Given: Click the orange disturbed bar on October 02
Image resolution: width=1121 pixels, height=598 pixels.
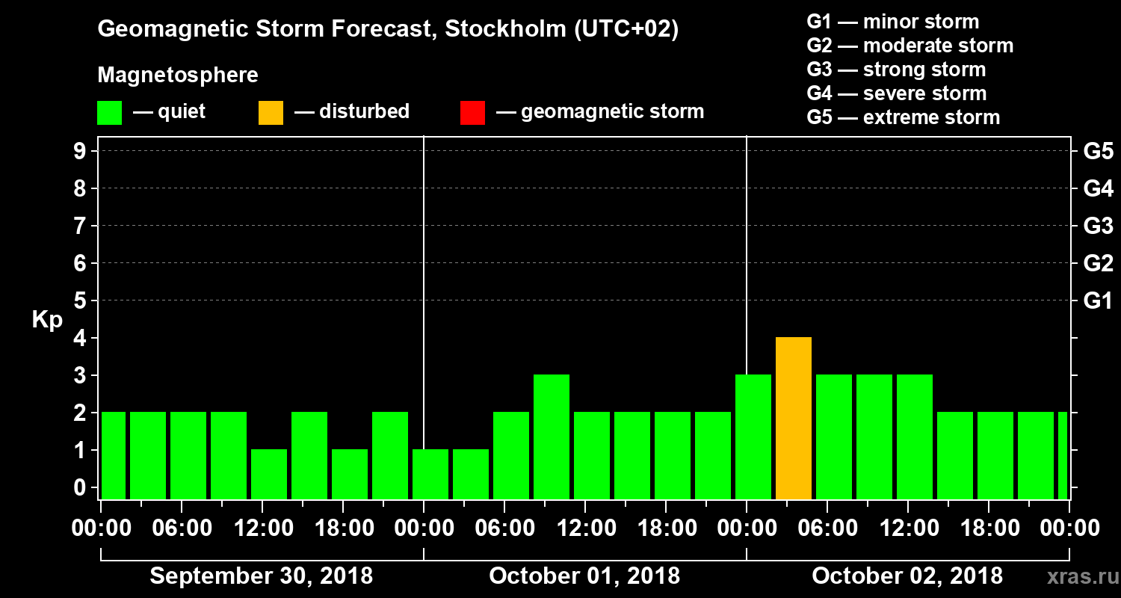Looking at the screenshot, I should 794,419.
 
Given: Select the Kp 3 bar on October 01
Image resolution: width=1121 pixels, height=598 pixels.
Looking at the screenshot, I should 552,437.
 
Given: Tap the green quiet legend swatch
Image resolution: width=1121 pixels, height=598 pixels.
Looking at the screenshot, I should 109,113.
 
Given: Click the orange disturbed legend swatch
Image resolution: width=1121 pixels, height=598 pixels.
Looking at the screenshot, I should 271,113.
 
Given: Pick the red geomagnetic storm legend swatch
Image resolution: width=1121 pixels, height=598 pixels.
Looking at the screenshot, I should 472,113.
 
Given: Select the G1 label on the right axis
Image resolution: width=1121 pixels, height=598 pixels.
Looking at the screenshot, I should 1098,300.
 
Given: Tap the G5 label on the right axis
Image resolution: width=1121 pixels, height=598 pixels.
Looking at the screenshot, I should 1098,151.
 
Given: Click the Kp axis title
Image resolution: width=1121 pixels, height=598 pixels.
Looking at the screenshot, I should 47,320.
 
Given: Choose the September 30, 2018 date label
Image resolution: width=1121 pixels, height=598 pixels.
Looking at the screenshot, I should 262,576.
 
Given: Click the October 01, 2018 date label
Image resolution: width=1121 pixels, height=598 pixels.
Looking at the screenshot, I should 584,576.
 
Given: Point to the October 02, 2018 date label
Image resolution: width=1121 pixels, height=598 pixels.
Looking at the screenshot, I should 907,576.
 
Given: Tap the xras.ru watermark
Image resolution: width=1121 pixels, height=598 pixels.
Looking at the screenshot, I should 1077,576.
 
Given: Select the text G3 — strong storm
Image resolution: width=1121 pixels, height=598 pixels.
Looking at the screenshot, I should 896,70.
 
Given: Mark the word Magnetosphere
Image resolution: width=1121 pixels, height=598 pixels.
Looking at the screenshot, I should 178,75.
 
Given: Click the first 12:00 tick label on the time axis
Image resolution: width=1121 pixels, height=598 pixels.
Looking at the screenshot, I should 262,528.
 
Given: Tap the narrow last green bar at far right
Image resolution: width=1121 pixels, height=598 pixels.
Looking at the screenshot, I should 1063,455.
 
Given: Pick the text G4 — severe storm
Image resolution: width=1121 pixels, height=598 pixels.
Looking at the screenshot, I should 897,93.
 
